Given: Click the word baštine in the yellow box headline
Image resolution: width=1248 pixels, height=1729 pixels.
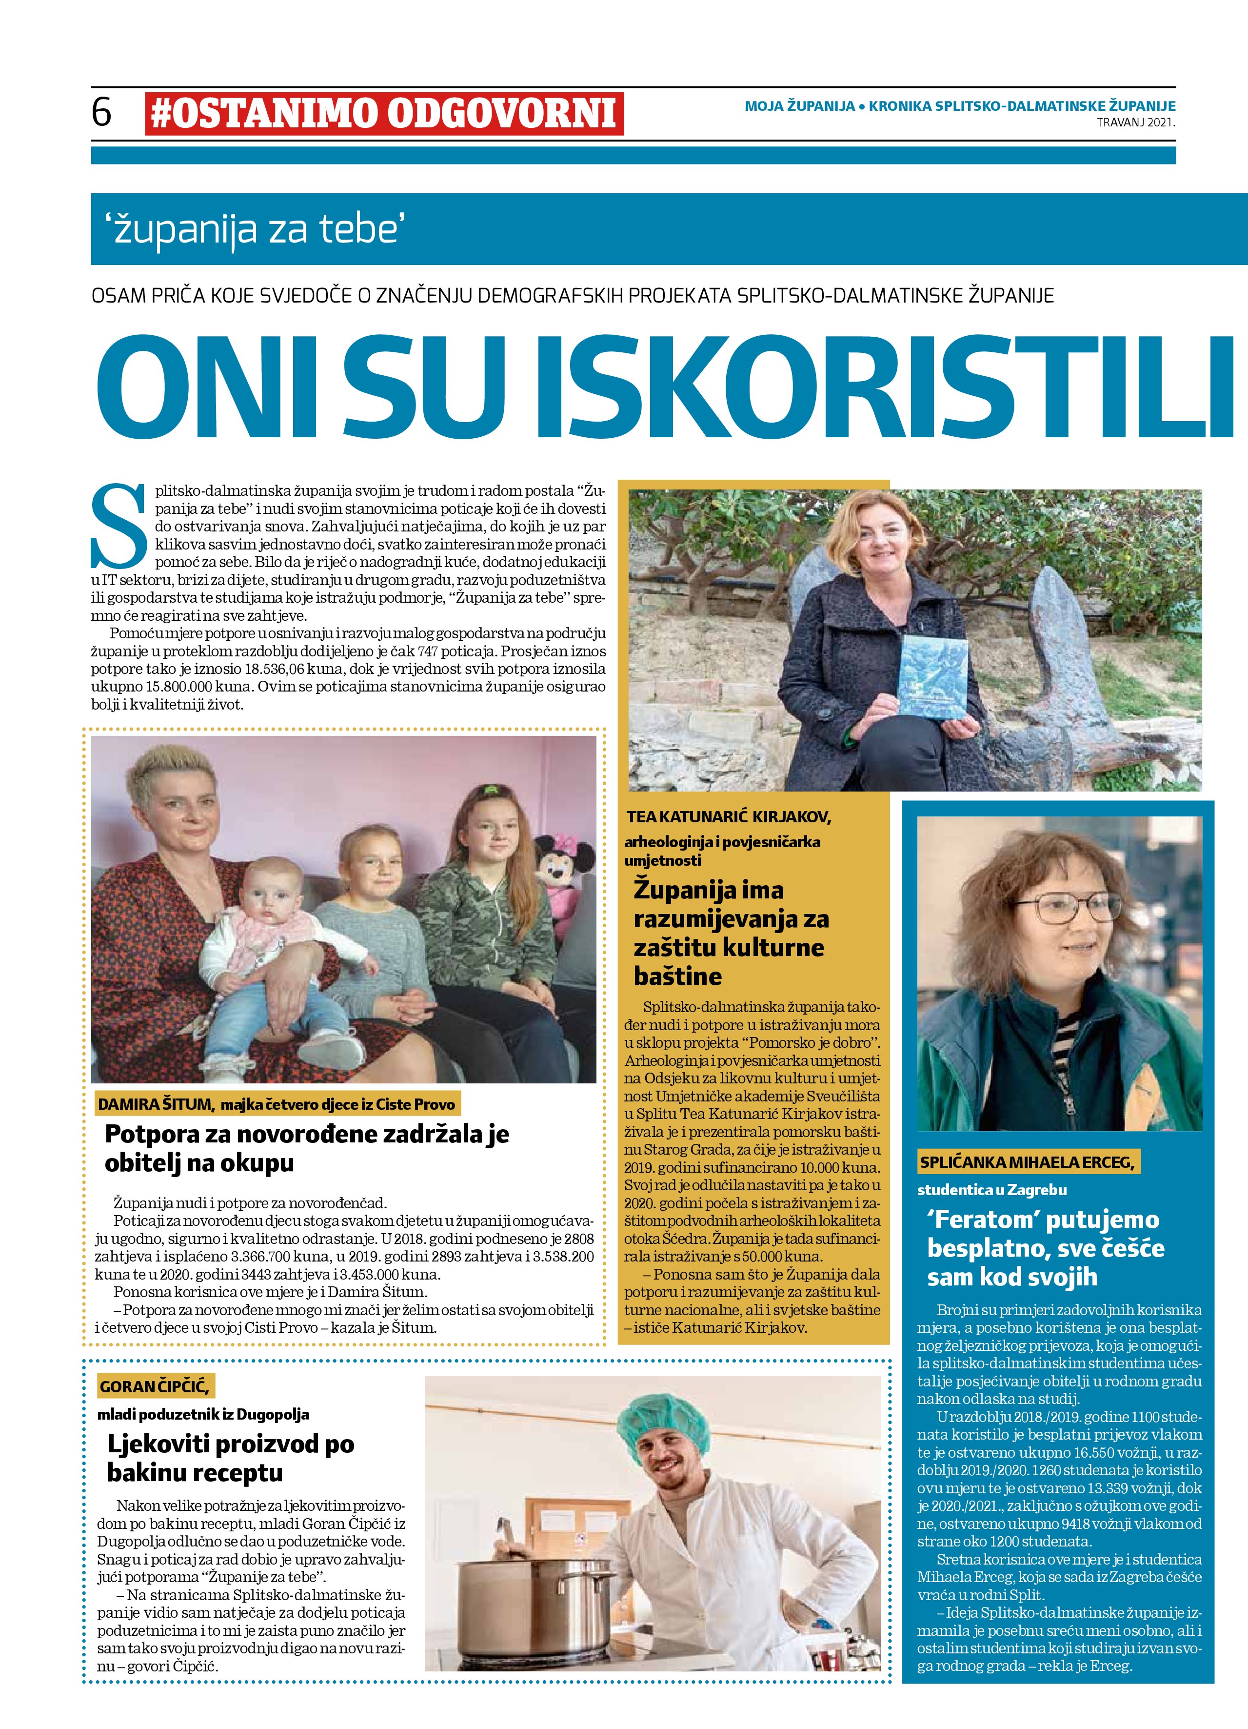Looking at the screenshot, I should point(677,976).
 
